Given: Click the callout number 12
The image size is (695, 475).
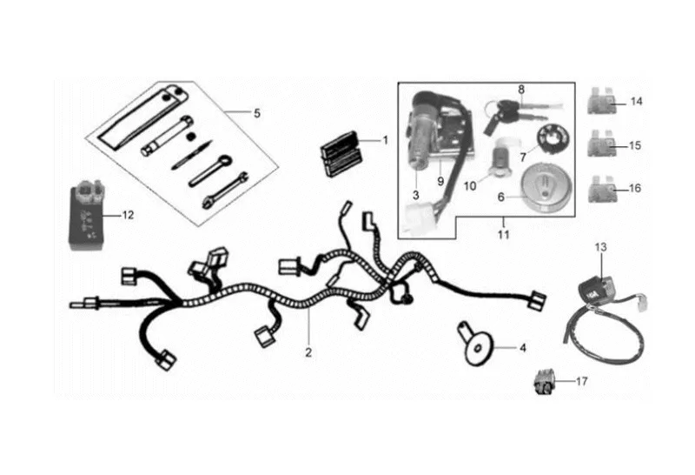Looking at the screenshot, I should tap(128, 214).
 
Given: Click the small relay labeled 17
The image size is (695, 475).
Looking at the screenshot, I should tap(544, 381).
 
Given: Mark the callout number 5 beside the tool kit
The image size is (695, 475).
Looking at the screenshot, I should tap(257, 113).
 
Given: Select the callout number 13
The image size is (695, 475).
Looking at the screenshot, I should tap(600, 248).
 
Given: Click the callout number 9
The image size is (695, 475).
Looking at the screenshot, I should tap(440, 182).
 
